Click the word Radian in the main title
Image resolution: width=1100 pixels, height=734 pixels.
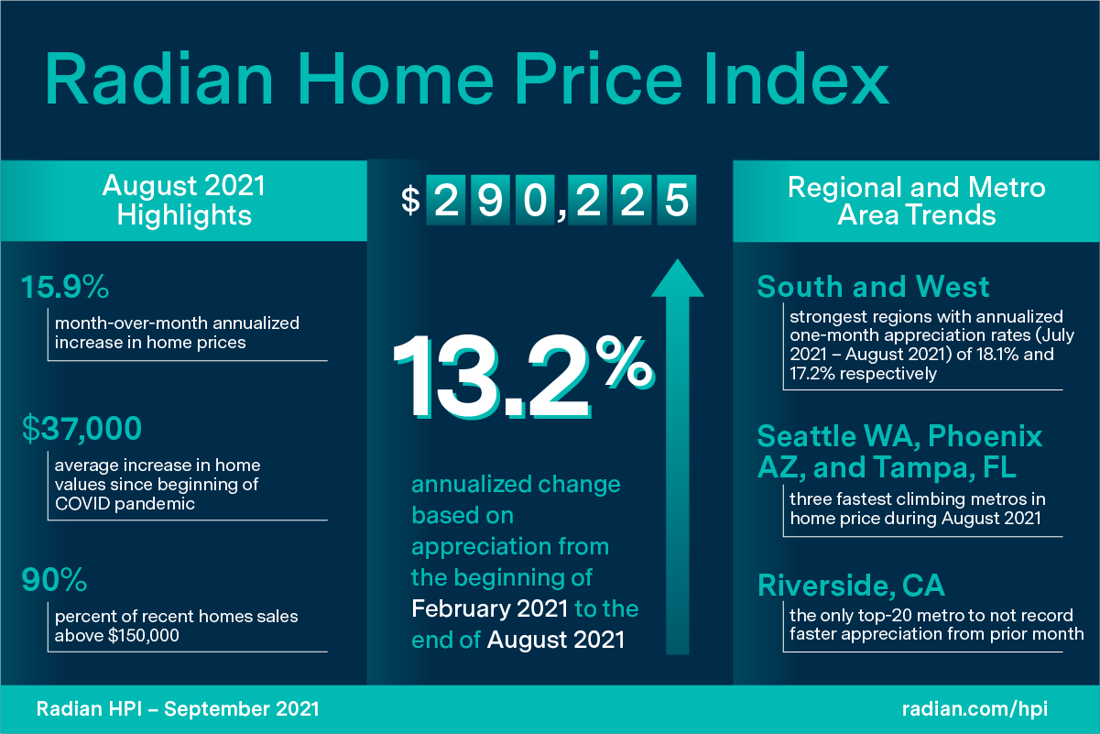pyautogui.click(x=159, y=80)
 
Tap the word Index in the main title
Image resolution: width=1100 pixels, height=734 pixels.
pyautogui.click(x=797, y=79)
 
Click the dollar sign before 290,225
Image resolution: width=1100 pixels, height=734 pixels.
pyautogui.click(x=410, y=201)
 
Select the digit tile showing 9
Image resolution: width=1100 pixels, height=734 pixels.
pyautogui.click(x=490, y=200)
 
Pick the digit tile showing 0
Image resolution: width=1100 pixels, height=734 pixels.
pyautogui.click(x=535, y=200)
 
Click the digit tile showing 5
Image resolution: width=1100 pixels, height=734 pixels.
pyautogui.click(x=676, y=200)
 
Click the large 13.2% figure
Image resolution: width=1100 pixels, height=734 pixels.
pyautogui.click(x=524, y=377)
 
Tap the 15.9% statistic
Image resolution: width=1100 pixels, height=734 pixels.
pyautogui.click(x=65, y=287)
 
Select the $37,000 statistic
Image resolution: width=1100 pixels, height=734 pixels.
pyautogui.click(x=82, y=429)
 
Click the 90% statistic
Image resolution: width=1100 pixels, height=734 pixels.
pyautogui.click(x=54, y=580)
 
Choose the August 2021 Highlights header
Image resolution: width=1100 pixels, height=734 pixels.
pyautogui.click(x=184, y=201)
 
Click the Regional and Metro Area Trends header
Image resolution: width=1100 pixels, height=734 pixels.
pyautogui.click(x=916, y=201)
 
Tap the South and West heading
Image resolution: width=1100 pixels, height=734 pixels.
pyautogui.click(x=873, y=287)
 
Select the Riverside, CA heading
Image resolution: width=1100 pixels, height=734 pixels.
pyautogui.click(x=851, y=586)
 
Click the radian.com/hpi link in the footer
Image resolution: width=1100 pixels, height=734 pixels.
pyautogui.click(x=975, y=709)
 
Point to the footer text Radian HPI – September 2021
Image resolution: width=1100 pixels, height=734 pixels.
pyautogui.click(x=178, y=709)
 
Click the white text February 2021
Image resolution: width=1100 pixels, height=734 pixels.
pyautogui.click(x=490, y=608)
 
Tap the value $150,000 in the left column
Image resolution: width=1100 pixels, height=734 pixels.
pyautogui.click(x=144, y=636)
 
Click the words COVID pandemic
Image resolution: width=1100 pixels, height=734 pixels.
pyautogui.click(x=125, y=504)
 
